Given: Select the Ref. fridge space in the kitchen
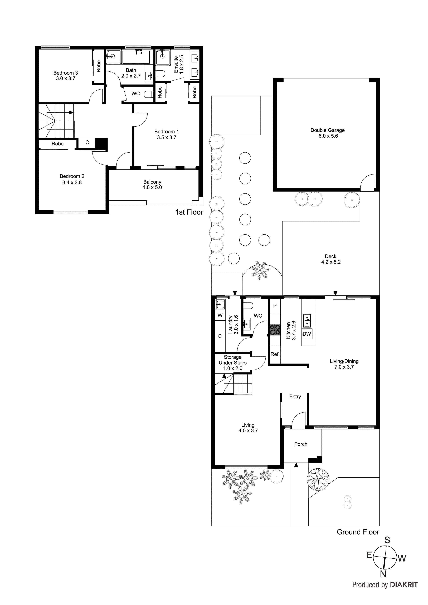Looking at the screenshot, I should click(x=275, y=354).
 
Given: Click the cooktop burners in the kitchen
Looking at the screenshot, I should click(x=275, y=330).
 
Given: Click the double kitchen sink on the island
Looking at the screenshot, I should click(x=307, y=320).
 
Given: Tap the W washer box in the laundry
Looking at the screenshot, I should click(x=220, y=315).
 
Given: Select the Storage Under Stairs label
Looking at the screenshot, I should click(x=233, y=363).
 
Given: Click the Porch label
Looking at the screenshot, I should click(x=301, y=444).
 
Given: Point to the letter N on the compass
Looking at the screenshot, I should click(x=383, y=574).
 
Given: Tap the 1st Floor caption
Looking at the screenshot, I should click(x=189, y=212).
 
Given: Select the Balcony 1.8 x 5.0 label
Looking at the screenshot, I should click(x=152, y=185).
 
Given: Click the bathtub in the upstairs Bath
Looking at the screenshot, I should click(x=136, y=57).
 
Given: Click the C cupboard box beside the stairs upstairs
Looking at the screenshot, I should click(x=87, y=143).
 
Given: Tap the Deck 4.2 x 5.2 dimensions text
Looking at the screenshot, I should click(x=331, y=262).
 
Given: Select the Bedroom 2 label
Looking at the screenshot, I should click(x=72, y=176).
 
